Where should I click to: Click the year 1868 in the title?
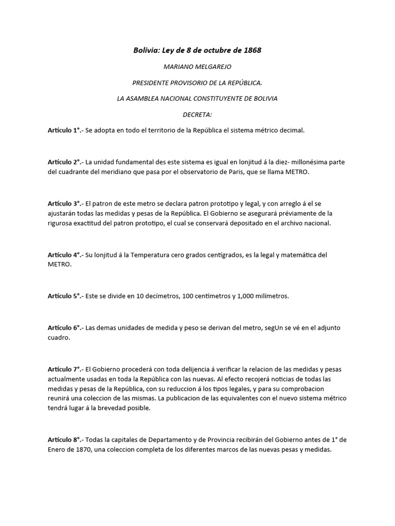coord(253,50)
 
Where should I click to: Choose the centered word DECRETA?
coord(197,115)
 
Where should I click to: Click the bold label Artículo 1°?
coord(64,130)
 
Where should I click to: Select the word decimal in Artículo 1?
coord(292,130)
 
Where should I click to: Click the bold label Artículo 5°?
coord(64,296)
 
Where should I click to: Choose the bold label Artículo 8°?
coord(64,440)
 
